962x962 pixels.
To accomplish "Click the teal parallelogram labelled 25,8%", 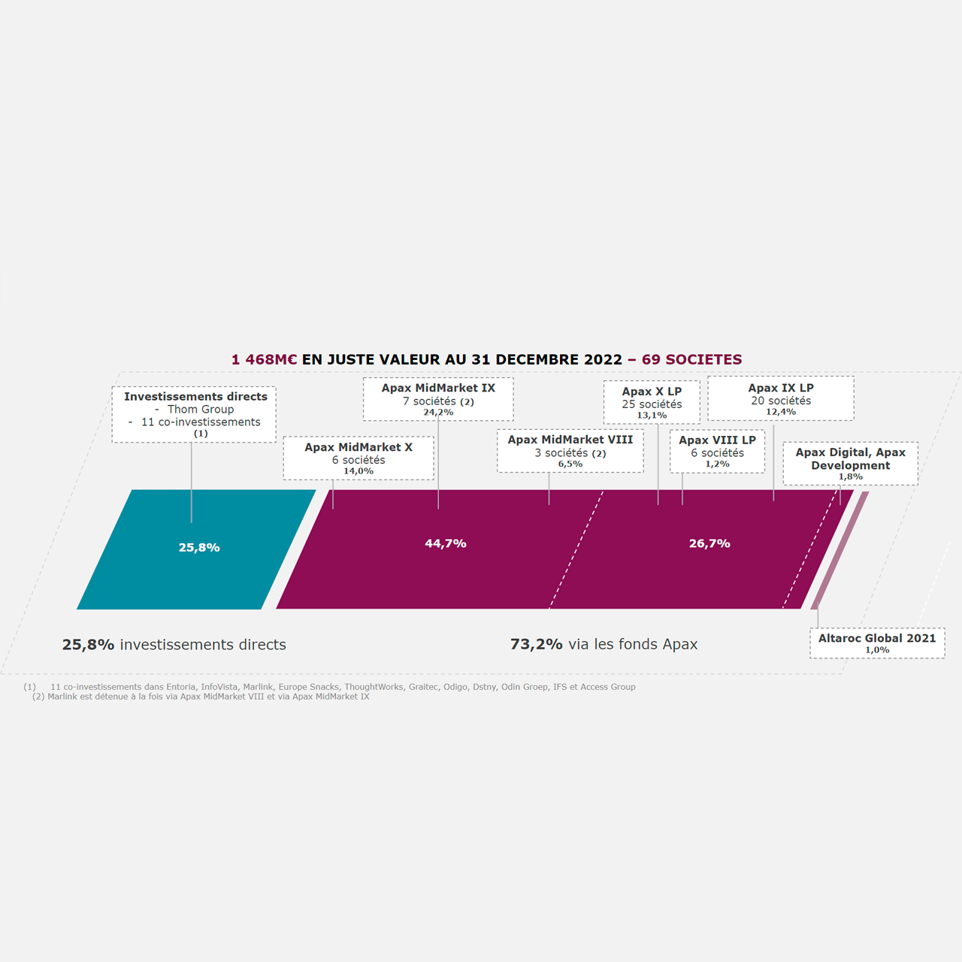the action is point(196,549).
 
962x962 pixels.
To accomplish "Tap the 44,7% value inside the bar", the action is point(446,543).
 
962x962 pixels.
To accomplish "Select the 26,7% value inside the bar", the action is point(709,543).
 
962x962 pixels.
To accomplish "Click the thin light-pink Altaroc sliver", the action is point(839,550).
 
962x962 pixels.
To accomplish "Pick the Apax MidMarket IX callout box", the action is point(438,399).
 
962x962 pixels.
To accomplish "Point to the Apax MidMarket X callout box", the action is point(358,458).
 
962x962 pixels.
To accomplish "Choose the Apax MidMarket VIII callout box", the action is point(570,451).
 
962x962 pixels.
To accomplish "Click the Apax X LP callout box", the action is point(652,402).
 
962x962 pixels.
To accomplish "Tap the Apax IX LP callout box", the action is point(781,398).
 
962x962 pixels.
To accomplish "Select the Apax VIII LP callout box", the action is point(718,451).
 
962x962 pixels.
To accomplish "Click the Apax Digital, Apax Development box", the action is point(850,463).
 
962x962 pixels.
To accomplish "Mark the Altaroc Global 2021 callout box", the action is point(877,643).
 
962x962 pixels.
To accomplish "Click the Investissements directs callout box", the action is point(194,414).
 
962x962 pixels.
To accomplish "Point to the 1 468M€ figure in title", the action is point(264,359).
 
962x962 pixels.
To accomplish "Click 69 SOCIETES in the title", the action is point(692,359).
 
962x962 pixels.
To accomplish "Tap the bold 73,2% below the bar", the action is point(536,645).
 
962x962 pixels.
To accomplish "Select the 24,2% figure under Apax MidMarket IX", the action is point(438,413).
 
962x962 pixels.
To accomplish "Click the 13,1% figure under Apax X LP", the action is point(652,416).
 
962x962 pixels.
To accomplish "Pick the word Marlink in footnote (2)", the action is point(62,697).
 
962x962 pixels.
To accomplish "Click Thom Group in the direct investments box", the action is point(201,410).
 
